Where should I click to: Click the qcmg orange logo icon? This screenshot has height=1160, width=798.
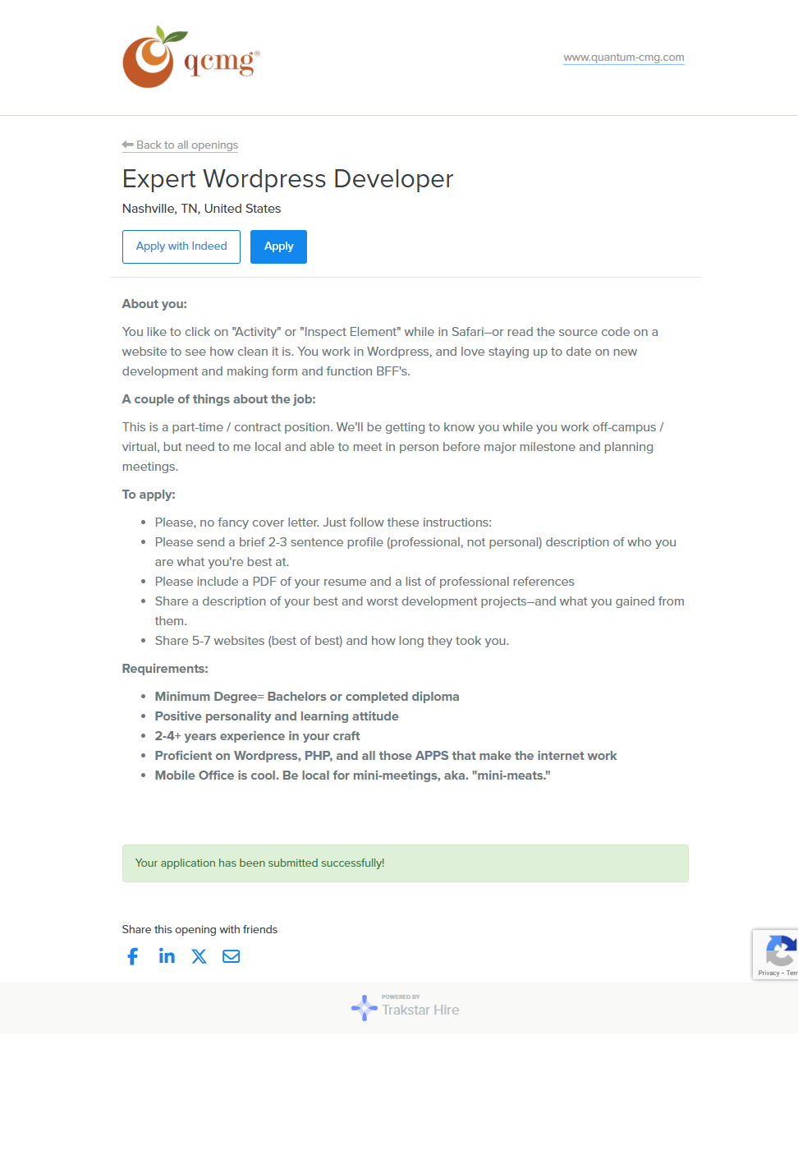(x=149, y=58)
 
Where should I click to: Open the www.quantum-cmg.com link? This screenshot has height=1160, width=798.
(x=623, y=58)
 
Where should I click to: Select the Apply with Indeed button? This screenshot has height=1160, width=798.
(x=181, y=246)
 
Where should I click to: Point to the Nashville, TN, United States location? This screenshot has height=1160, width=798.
(x=201, y=209)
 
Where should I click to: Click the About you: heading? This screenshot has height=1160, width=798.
(x=154, y=304)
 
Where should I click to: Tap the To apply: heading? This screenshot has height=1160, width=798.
(x=149, y=495)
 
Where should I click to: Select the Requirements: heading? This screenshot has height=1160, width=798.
(x=165, y=669)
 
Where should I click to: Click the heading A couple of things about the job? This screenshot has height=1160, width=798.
(x=218, y=399)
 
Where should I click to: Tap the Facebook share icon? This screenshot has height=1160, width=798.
(x=133, y=956)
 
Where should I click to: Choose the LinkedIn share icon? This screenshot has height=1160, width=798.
(x=167, y=956)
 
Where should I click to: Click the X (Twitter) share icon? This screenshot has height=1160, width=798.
(x=199, y=956)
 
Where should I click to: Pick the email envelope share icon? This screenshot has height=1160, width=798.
(x=232, y=956)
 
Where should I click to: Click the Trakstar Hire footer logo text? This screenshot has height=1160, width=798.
(x=420, y=1010)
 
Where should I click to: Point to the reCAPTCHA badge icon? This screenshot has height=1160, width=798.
(x=779, y=951)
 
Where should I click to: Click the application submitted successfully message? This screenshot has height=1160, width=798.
(x=259, y=863)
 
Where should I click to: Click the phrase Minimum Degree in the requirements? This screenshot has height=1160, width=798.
(x=205, y=697)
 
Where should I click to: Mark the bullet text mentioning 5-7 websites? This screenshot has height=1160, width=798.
(x=332, y=641)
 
